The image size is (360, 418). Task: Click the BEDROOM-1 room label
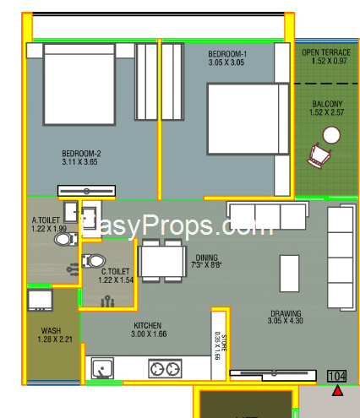click(x=227, y=54)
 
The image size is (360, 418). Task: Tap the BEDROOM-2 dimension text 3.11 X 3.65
click(x=79, y=162)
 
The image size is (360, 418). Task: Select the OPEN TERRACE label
click(x=326, y=52)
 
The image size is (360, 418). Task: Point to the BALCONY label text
click(x=327, y=104)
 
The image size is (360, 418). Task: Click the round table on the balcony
click(x=331, y=135)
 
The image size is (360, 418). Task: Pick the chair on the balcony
click(x=319, y=155)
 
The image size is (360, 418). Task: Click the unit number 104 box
click(x=337, y=376)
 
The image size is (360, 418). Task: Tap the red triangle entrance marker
click(x=337, y=391)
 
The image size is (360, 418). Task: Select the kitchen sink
click(x=102, y=368)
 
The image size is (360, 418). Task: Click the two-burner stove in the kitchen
click(x=165, y=369)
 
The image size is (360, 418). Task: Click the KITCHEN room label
click(x=148, y=326)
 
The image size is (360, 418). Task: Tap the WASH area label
click(x=51, y=330)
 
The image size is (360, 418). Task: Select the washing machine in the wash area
click(x=40, y=300)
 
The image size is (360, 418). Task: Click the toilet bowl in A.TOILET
click(x=65, y=239)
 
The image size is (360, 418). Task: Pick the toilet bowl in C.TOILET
click(x=94, y=261)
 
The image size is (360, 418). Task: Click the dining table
click(x=162, y=261)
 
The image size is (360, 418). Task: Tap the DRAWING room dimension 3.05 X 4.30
click(x=286, y=321)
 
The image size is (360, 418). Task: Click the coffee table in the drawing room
click(x=289, y=274)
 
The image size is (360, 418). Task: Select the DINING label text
click(x=207, y=258)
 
